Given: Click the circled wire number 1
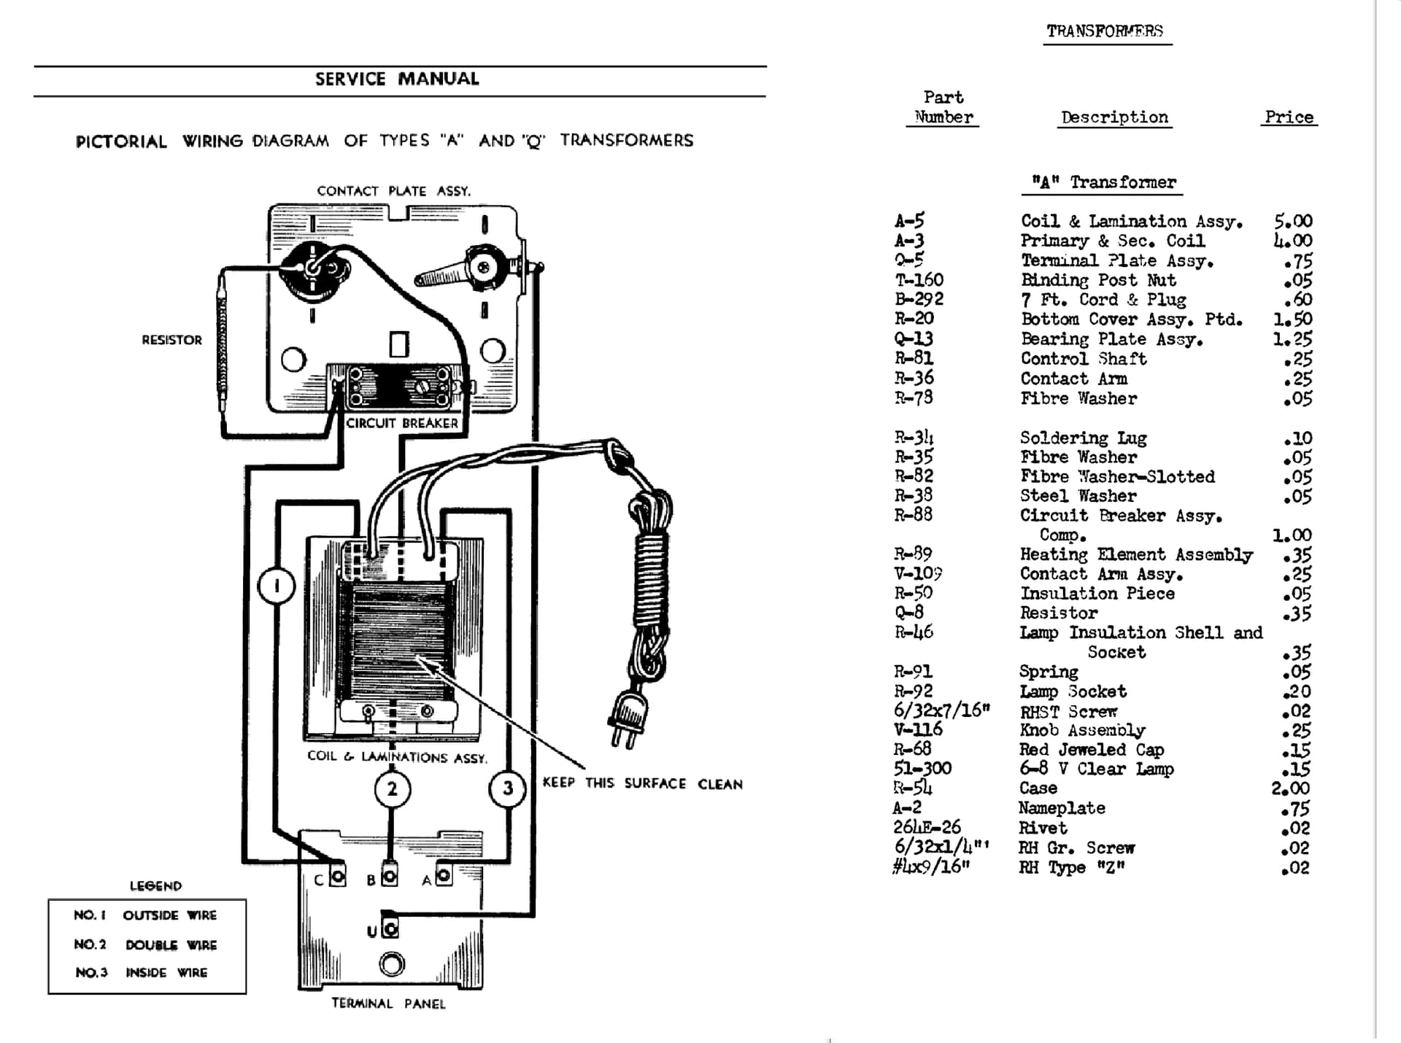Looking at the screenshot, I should coord(277,586).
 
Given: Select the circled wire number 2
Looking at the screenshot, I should coord(393,789).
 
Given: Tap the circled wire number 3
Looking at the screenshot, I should coord(508,788).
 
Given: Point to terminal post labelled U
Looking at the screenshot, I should coord(391,928).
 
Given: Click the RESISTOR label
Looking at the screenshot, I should coord(171,340).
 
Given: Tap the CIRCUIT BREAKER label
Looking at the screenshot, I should coord(402,423).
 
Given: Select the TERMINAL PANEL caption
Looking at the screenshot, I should coord(388,1004).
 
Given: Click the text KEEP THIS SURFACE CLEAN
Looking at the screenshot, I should coord(642,783).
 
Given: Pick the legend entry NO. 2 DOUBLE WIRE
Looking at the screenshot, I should coord(145,945).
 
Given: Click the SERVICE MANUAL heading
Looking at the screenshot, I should coord(397,79).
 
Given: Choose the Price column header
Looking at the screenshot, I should coord(1289,117).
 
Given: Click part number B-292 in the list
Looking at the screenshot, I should coord(919,299).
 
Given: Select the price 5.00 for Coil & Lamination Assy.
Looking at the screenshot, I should coord(1293,221).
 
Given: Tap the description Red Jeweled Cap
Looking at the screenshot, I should coord(1092,750).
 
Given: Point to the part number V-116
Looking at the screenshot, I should coord(918,729).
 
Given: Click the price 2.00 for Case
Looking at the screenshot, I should coord(1290,788).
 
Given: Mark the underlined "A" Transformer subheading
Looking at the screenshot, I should coord(1103,182).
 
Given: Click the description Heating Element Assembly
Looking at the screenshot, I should coord(1136,555).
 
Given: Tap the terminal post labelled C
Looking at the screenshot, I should coord(337,876).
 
